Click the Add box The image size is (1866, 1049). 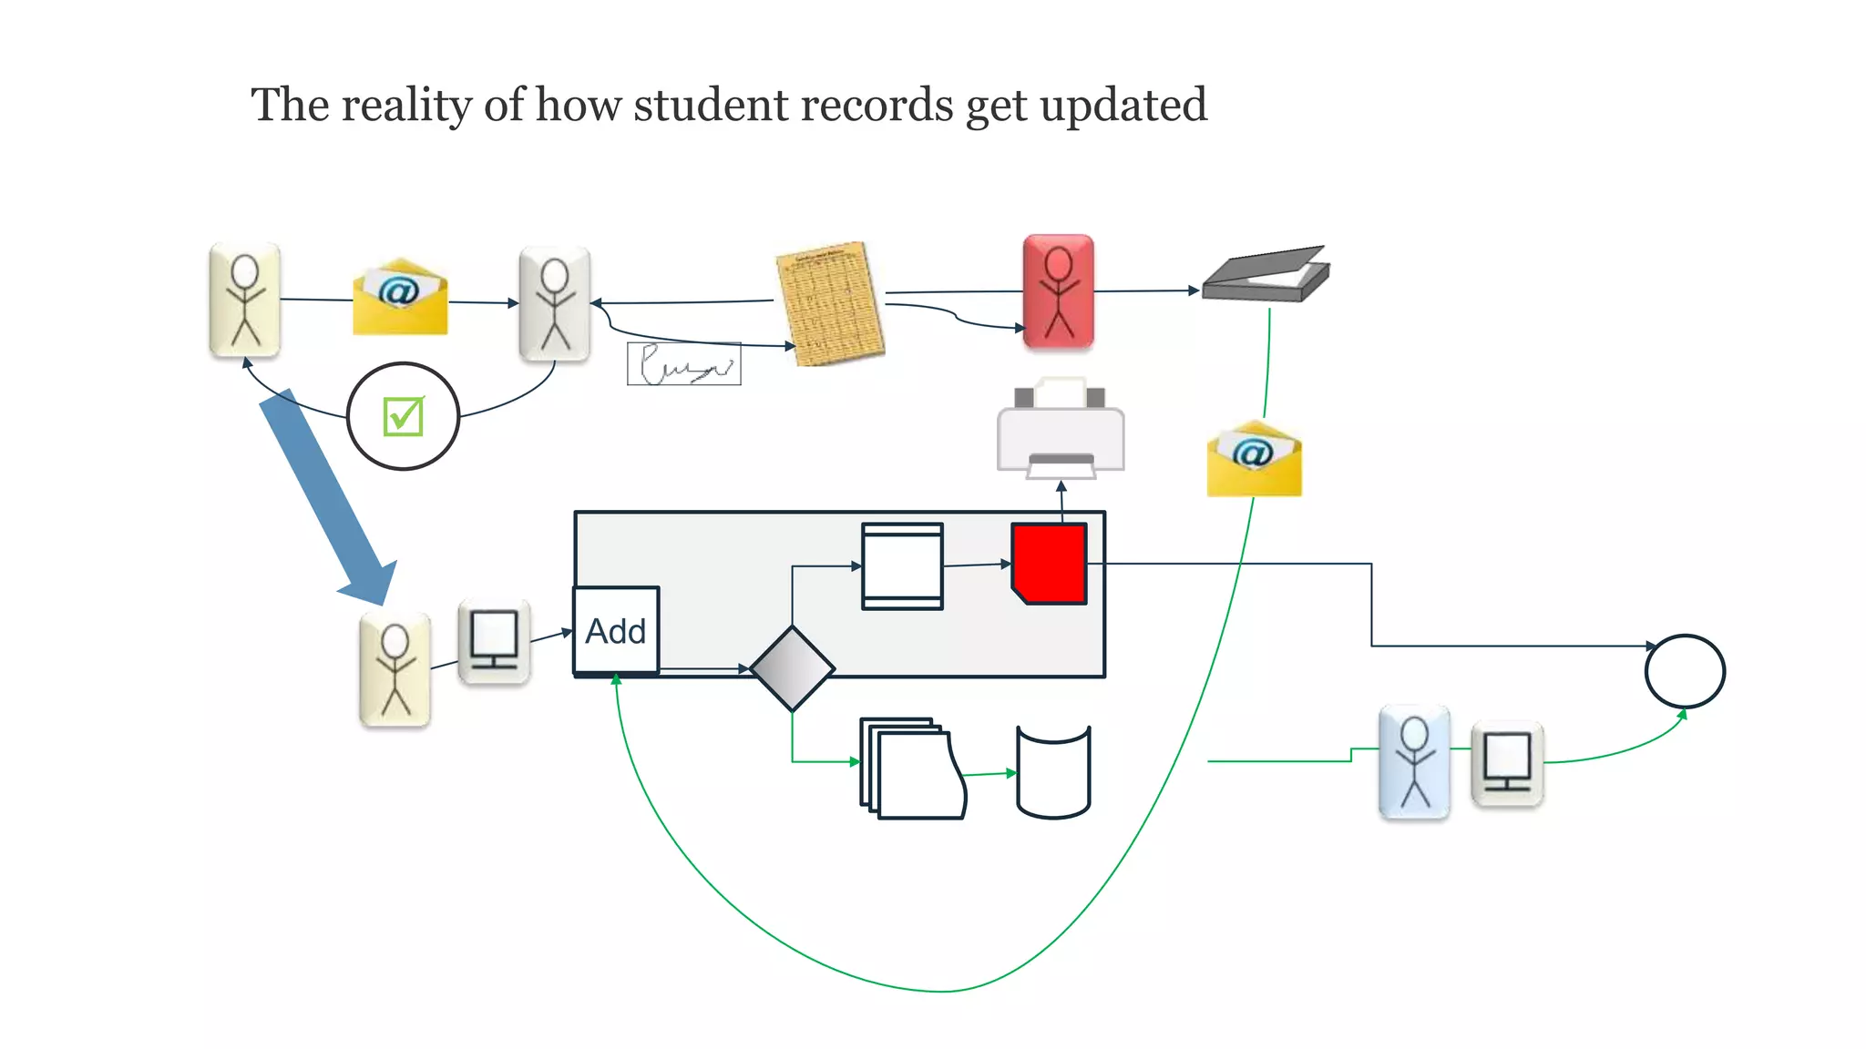[616, 631]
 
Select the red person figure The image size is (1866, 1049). [1058, 291]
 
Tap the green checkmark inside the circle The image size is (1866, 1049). [403, 417]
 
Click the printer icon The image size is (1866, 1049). [1061, 429]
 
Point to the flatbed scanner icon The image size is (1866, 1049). [1266, 274]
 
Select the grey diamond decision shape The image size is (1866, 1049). [792, 668]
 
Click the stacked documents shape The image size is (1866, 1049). [912, 769]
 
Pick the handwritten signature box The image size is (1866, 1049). [683, 364]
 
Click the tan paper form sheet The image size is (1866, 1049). [830, 303]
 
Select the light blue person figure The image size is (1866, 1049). [1414, 762]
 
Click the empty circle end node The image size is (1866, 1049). [1685, 671]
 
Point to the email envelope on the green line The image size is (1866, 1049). [1254, 459]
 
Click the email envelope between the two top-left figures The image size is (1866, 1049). [400, 298]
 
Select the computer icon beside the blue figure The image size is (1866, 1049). [1507, 763]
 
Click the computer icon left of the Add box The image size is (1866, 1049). [494, 641]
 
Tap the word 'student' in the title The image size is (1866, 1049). [711, 106]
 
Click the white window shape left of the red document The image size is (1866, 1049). [902, 565]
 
